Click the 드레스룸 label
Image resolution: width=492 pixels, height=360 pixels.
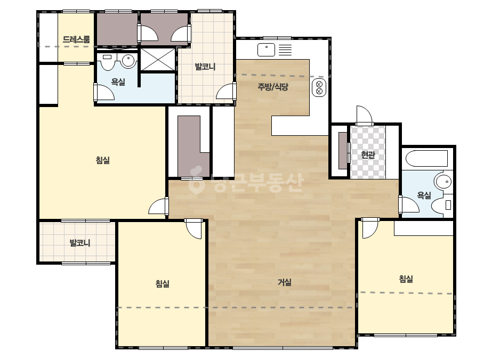(x=76, y=39)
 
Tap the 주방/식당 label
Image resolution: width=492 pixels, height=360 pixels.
(x=273, y=87)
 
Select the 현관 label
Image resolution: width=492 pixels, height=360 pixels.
(x=368, y=154)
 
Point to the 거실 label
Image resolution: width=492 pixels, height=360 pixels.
(x=285, y=282)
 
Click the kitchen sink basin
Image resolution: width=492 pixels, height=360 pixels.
(x=266, y=50)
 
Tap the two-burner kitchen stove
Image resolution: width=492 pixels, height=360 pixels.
(x=319, y=88)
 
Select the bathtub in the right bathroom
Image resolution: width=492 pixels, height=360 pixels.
(x=426, y=159)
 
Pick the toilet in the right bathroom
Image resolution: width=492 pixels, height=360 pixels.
(x=442, y=206)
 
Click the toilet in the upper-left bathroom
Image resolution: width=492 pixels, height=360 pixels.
(x=108, y=62)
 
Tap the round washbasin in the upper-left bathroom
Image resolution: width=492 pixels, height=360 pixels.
(x=128, y=60)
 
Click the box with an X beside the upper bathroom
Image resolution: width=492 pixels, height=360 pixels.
(x=158, y=60)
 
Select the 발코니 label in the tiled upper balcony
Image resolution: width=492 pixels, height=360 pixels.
(x=205, y=67)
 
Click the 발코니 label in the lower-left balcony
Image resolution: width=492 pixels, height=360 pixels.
(x=80, y=243)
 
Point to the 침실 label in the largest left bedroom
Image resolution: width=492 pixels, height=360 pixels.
(x=102, y=160)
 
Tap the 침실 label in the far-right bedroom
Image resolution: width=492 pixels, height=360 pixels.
(x=406, y=279)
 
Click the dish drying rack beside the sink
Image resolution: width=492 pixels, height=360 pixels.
(x=285, y=50)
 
